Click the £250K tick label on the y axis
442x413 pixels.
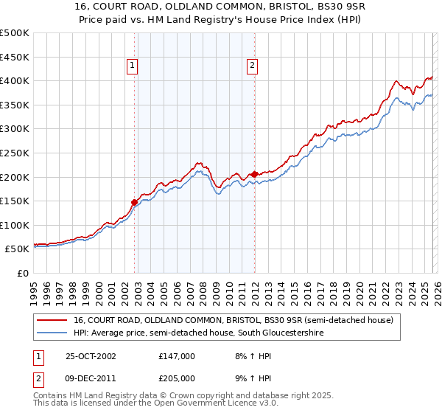tap(14, 153)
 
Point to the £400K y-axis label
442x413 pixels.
tap(14, 80)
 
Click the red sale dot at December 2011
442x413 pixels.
tap(254, 174)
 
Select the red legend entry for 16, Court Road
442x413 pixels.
tap(234, 321)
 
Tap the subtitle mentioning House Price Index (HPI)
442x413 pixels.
tap(220, 21)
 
